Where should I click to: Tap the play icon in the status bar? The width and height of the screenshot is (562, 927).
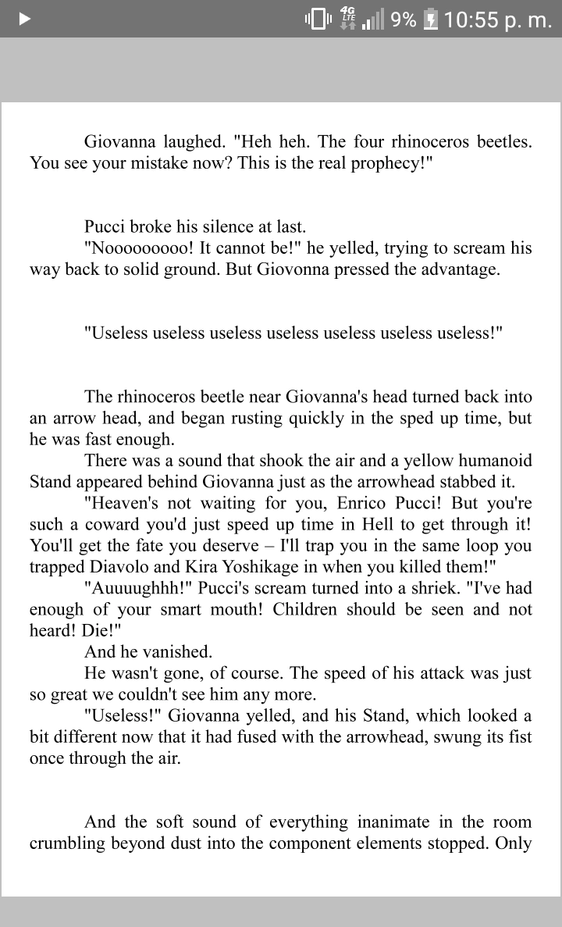pyautogui.click(x=24, y=19)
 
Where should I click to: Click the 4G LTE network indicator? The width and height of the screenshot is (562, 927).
pyautogui.click(x=347, y=18)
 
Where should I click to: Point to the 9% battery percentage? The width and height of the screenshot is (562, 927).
pyautogui.click(x=404, y=19)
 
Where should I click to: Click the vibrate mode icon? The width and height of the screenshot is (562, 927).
pyautogui.click(x=318, y=19)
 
